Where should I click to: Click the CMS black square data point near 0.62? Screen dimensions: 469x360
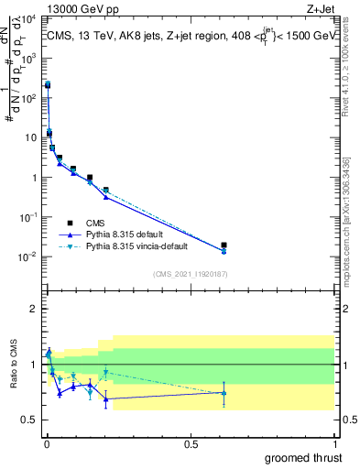(x=224, y=245)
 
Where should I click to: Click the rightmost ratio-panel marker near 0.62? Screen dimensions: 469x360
(x=224, y=393)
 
